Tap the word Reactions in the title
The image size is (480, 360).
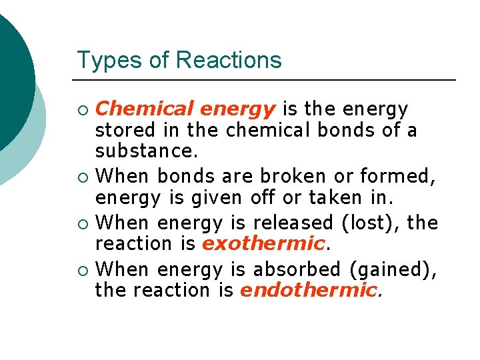pos(229,60)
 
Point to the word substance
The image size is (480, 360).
pos(146,151)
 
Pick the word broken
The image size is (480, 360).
pos(288,176)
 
